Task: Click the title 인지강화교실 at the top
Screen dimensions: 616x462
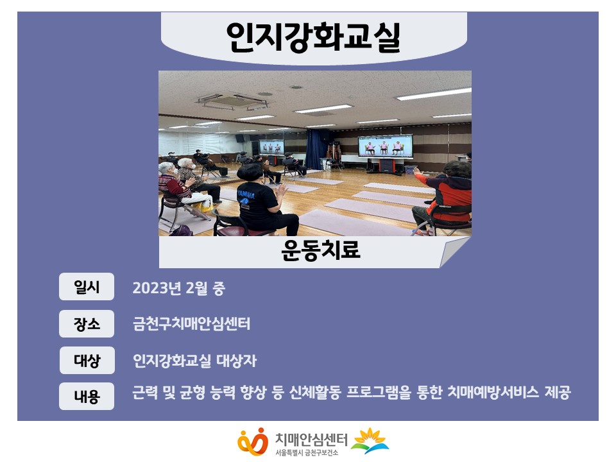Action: (x=313, y=37)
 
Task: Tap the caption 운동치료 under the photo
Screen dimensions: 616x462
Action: (x=321, y=250)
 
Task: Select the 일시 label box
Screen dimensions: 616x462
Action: (x=87, y=287)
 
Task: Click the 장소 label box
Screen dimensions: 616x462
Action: (x=87, y=323)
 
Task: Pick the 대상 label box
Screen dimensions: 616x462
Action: (x=87, y=360)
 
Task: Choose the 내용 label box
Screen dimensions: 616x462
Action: (x=87, y=396)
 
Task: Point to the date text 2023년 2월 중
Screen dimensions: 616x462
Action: (x=179, y=288)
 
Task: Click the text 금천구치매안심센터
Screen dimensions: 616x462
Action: (x=191, y=323)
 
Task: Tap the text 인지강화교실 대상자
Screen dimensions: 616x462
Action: (x=194, y=361)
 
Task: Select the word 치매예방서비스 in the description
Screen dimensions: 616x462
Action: (x=493, y=392)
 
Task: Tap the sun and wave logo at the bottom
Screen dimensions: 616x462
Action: (x=370, y=440)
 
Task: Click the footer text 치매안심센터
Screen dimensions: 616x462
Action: (x=311, y=439)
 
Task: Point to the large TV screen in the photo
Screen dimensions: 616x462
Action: (x=385, y=146)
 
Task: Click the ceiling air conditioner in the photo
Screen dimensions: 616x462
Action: (x=234, y=101)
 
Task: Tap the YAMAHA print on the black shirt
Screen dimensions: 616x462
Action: (x=246, y=194)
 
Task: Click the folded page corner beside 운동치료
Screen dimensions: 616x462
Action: (x=454, y=253)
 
